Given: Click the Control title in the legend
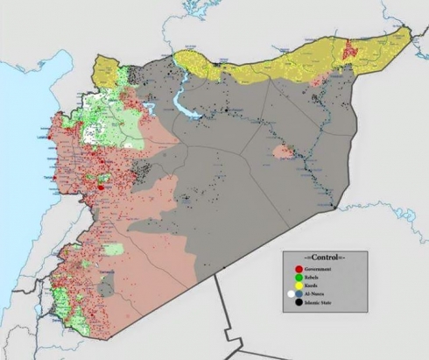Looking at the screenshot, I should [x=323, y=258].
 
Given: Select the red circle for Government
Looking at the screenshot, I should [x=299, y=270].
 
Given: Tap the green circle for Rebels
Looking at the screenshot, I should [x=299, y=279].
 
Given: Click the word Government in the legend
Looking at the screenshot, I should [x=319, y=270].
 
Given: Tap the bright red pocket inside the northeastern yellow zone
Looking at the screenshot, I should [x=352, y=48].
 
